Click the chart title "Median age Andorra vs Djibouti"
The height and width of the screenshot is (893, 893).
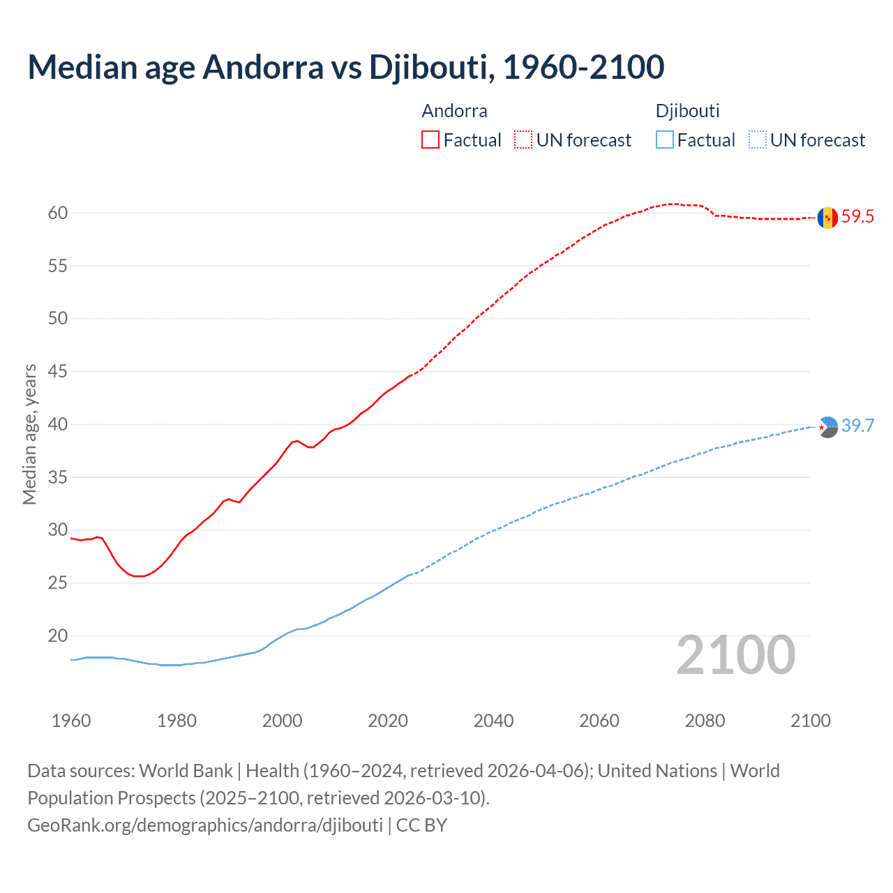coord(345,67)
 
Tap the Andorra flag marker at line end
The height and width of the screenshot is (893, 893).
coord(827,218)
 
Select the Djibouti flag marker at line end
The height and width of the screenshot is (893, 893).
coord(827,426)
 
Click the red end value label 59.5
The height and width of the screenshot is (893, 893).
coord(857,217)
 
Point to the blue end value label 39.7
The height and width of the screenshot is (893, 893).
coord(857,426)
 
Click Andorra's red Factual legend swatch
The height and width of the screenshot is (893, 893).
coord(430,140)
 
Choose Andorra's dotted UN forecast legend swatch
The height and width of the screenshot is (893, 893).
coord(523,140)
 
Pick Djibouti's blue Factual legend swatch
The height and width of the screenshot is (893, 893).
coord(665,140)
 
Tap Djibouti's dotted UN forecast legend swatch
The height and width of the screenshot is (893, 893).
coord(757,140)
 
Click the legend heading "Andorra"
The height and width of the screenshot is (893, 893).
coord(454,111)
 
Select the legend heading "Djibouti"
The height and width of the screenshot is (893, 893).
coord(687,111)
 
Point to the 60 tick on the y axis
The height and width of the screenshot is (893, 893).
coord(58,213)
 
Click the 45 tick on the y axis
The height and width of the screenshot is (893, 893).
coord(58,371)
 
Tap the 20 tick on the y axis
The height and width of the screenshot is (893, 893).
coord(58,636)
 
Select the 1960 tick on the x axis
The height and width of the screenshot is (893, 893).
coord(71,721)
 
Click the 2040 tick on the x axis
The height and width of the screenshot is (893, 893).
coord(493,721)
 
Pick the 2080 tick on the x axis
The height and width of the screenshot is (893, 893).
coord(705,721)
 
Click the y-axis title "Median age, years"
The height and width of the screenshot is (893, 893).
coord(29,434)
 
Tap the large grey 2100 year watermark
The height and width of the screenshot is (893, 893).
coord(735,655)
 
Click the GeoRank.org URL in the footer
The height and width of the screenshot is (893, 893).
coord(205,825)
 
